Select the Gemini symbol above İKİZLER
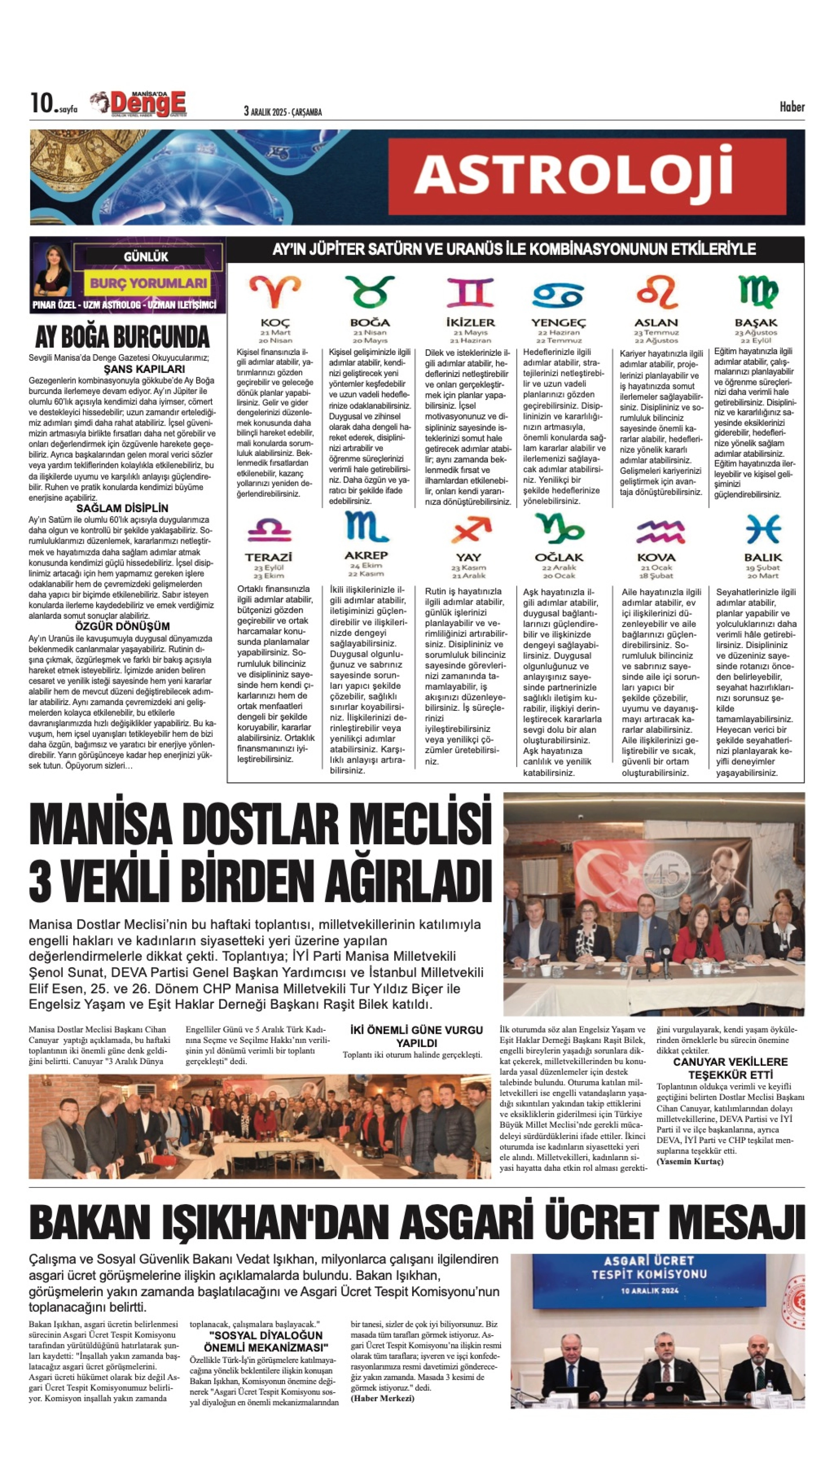tap(470, 292)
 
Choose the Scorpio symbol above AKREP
tap(367, 527)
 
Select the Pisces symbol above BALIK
tap(763, 528)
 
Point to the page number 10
tap(41, 104)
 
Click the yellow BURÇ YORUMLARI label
tap(148, 283)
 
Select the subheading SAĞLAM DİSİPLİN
tap(122, 508)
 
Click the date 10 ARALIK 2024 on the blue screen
tap(649, 1291)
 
